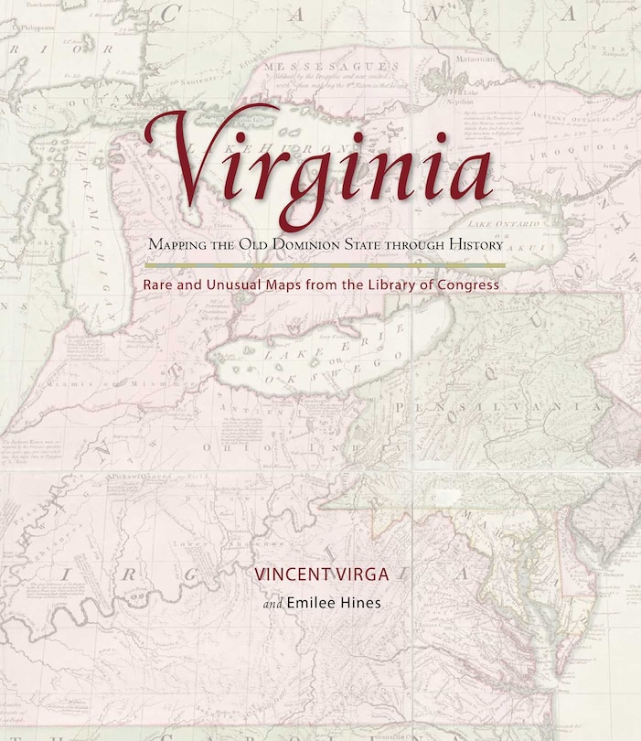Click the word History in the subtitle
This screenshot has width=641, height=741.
click(472, 245)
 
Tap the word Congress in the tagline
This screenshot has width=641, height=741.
click(467, 285)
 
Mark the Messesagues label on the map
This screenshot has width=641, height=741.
click(345, 68)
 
